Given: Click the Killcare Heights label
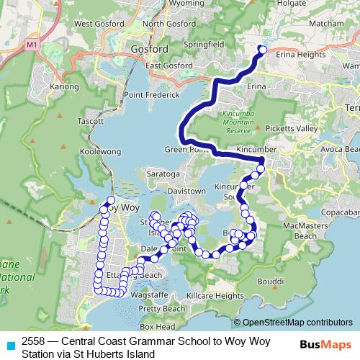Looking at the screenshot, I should [215, 295].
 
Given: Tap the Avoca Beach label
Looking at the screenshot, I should [338, 150].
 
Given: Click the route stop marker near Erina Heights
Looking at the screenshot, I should [262, 50].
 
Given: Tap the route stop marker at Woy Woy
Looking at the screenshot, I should [111, 200].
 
